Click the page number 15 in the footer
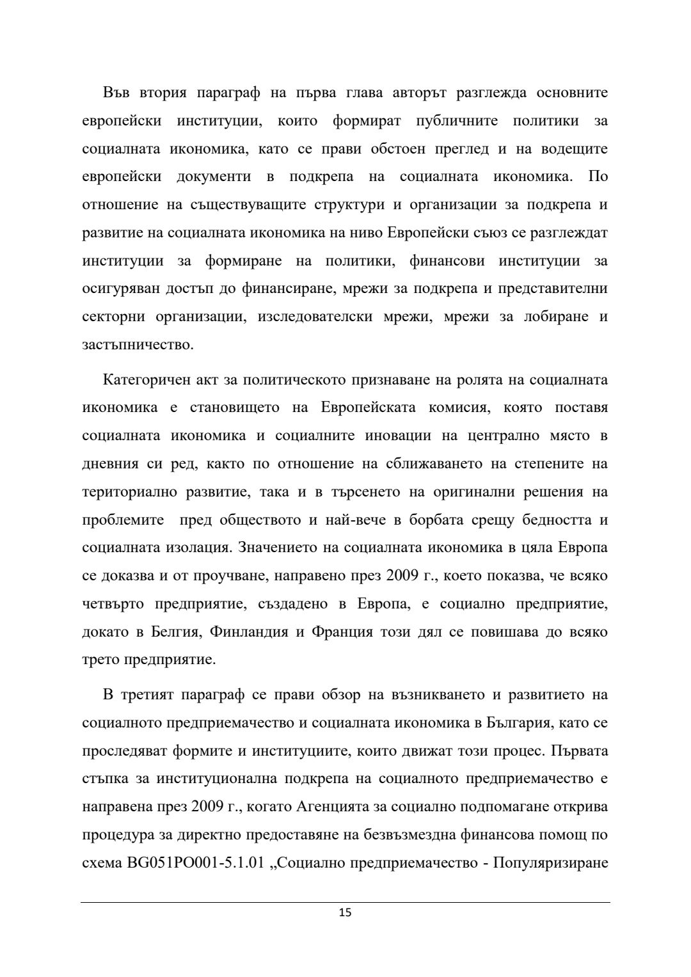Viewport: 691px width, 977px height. click(x=345, y=912)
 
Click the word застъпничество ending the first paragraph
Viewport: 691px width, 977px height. click(x=138, y=345)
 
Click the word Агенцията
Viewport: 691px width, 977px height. click(x=331, y=806)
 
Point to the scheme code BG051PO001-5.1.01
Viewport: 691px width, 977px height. click(x=191, y=862)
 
